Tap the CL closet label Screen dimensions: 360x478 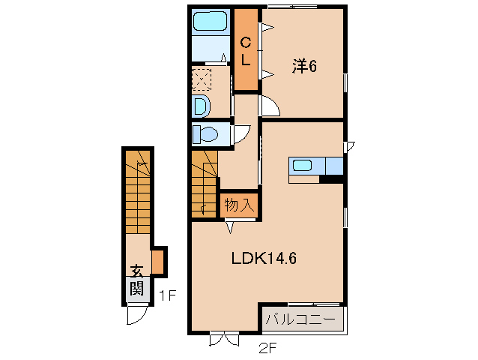coord(245,50)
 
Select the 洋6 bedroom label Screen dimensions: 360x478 coord(304,67)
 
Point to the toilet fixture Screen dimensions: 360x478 coord(206,136)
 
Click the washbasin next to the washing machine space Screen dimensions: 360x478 coord(201,106)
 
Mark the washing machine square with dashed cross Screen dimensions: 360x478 coord(202,79)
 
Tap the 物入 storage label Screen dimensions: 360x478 coord(239,204)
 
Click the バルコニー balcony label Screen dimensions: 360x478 coord(303,320)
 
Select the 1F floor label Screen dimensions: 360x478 coord(166,296)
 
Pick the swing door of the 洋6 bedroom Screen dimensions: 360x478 coord(270,107)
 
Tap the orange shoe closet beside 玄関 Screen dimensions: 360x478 coord(157,262)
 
